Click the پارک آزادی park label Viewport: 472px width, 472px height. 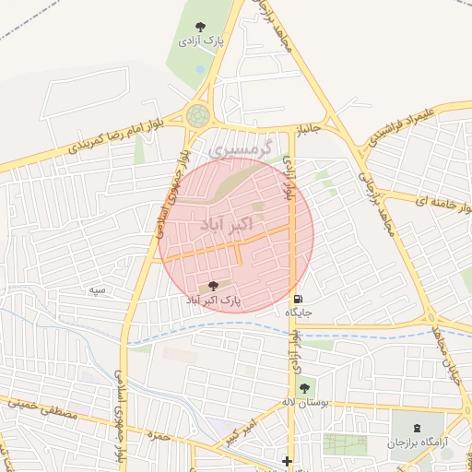200,41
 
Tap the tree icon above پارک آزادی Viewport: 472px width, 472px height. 201,26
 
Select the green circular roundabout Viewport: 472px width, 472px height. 197,116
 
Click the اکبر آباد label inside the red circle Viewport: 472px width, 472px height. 225,226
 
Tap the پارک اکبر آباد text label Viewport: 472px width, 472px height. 214,301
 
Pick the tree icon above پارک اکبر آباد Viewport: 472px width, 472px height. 214,286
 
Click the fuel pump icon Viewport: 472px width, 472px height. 297,299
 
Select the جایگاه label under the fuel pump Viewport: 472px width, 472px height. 299,313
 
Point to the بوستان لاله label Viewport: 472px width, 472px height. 305,402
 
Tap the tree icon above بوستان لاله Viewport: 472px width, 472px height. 305,386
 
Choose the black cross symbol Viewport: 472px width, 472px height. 288,461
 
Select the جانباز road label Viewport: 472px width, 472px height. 306,128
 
